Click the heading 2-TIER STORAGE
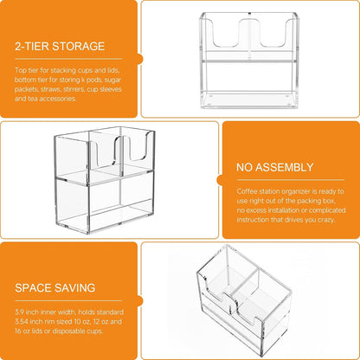tap(60, 47)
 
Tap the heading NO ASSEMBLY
tap(275, 167)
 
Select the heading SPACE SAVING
tap(55, 288)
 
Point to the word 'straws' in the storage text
tap(49, 89)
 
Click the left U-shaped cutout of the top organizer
tap(227, 33)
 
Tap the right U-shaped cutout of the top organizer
tap(274, 33)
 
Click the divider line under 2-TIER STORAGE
tap(68, 59)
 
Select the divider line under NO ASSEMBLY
tap(291, 180)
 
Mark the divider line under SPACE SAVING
tap(68, 300)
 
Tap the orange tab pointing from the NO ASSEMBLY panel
tap(220, 180)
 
